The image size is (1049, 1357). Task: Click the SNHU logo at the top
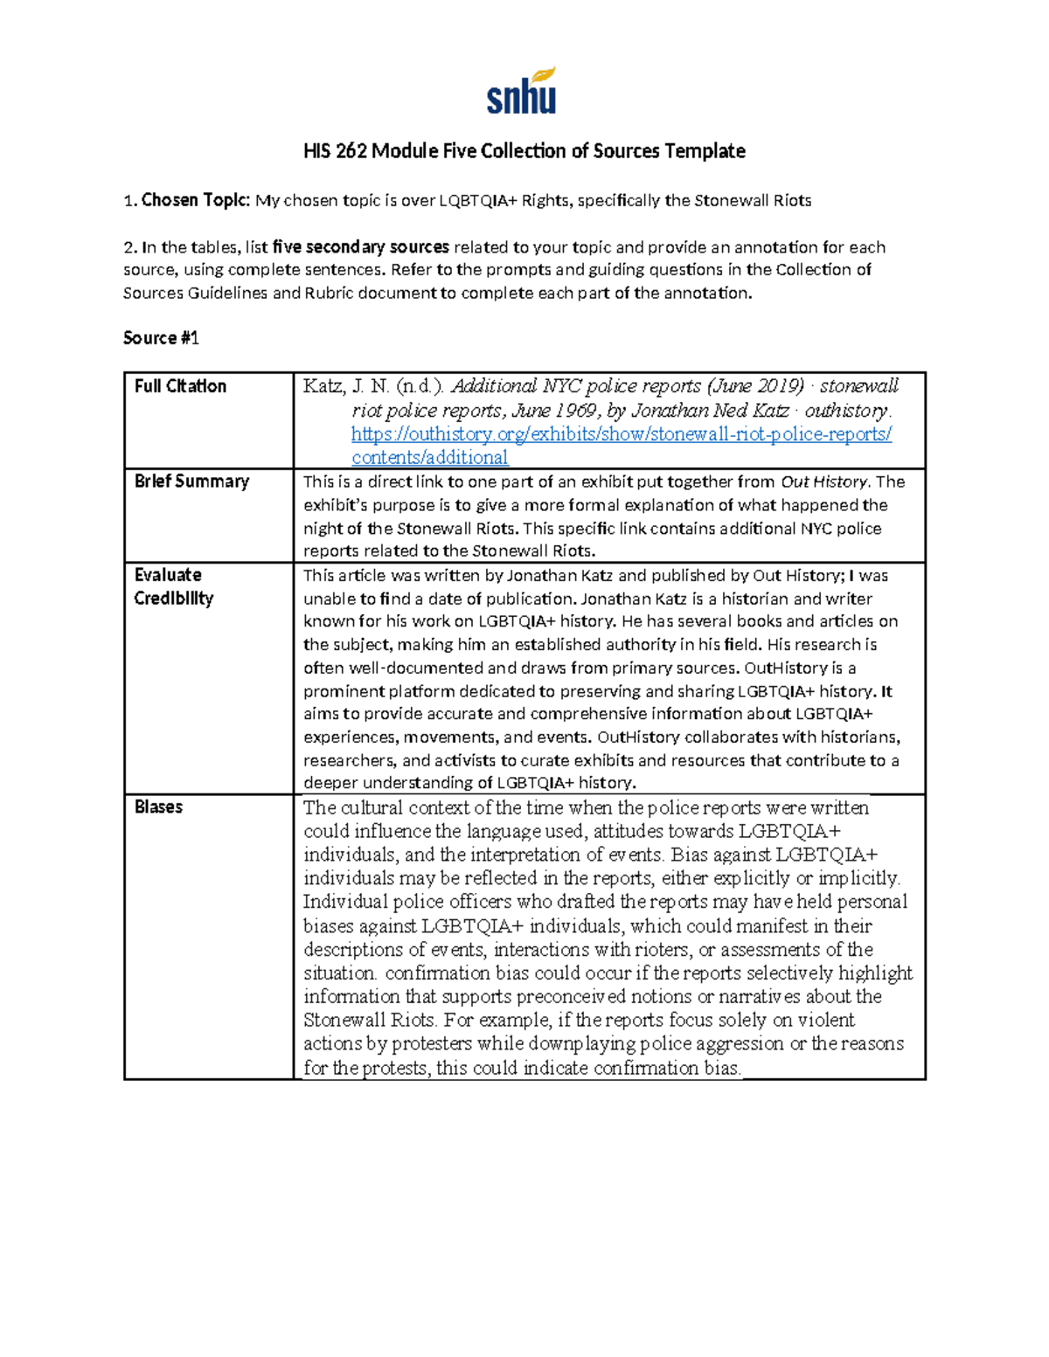522,92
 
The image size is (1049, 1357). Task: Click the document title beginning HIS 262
524,151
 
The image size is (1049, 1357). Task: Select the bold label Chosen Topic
196,200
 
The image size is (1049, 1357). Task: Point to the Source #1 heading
161,338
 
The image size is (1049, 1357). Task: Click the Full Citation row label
180,386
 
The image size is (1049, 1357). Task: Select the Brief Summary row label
191,481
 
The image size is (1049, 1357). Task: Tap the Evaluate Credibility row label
173,586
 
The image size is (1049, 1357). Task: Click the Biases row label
158,807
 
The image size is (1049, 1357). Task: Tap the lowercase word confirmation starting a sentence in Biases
437,973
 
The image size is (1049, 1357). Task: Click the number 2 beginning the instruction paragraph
128,247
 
